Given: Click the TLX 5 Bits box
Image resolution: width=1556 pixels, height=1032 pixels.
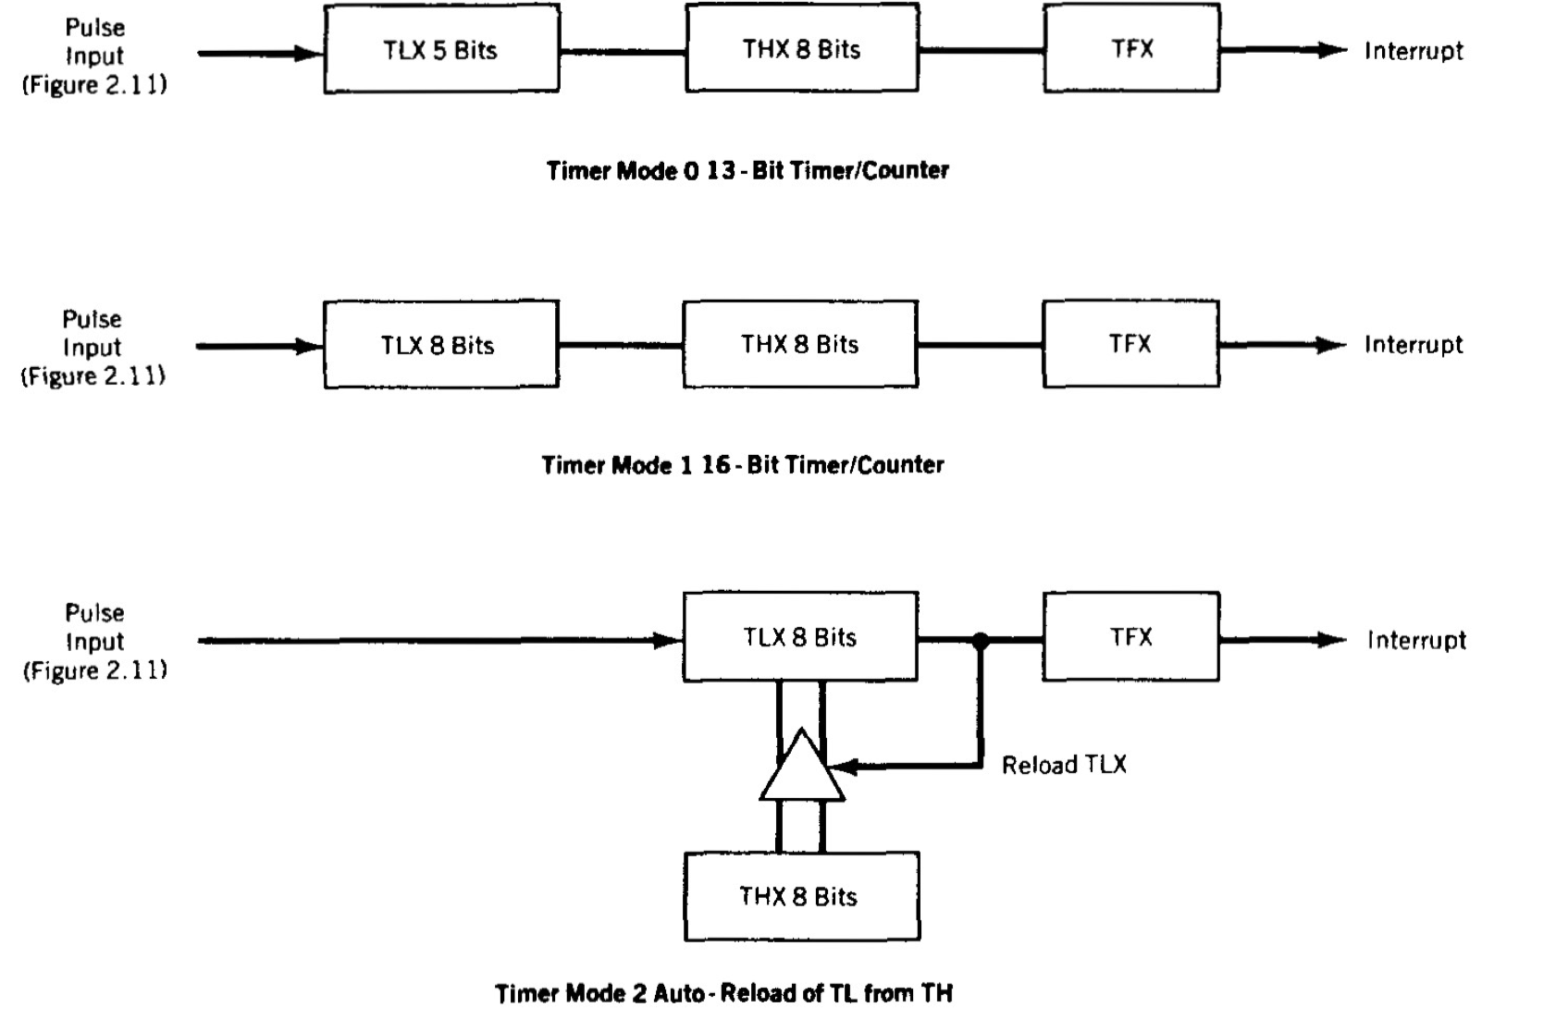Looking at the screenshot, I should tap(441, 49).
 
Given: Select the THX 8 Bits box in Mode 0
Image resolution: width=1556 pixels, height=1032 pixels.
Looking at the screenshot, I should tap(801, 48).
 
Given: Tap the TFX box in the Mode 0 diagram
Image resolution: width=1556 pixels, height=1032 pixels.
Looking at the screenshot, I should tap(1131, 48).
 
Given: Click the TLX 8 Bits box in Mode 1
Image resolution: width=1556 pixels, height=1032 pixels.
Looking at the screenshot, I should tap(440, 344).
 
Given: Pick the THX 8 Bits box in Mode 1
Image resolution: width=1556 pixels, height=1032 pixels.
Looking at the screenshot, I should tap(800, 344).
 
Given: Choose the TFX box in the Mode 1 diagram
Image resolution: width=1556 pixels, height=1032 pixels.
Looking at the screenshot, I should tap(1130, 344).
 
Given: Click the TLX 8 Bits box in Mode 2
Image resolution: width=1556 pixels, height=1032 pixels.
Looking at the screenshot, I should tap(800, 637).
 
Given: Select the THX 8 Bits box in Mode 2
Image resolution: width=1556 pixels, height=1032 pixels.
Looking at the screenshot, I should tap(801, 896).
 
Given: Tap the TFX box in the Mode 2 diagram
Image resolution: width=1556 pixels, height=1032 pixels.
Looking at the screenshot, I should tap(1130, 637).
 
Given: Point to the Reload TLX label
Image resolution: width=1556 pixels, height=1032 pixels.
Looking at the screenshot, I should tap(1064, 765).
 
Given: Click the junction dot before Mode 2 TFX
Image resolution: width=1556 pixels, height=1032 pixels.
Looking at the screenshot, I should tap(981, 639).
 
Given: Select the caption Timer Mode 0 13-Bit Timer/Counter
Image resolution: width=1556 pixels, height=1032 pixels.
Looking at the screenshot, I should tap(747, 170).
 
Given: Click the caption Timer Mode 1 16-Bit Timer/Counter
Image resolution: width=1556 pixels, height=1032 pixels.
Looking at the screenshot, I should tap(743, 464).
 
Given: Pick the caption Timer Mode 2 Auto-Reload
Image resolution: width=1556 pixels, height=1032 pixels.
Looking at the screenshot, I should tap(723, 993).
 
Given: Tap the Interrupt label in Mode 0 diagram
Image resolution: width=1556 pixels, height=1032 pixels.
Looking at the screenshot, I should tap(1414, 51).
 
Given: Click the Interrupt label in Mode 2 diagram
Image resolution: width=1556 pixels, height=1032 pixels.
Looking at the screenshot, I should tap(1416, 640).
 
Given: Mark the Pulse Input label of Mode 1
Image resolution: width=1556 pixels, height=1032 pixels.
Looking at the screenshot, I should tap(93, 347).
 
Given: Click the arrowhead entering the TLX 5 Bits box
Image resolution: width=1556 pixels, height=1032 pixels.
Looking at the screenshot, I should tap(309, 54).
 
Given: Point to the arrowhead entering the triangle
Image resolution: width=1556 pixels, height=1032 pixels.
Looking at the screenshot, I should tap(844, 767).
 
